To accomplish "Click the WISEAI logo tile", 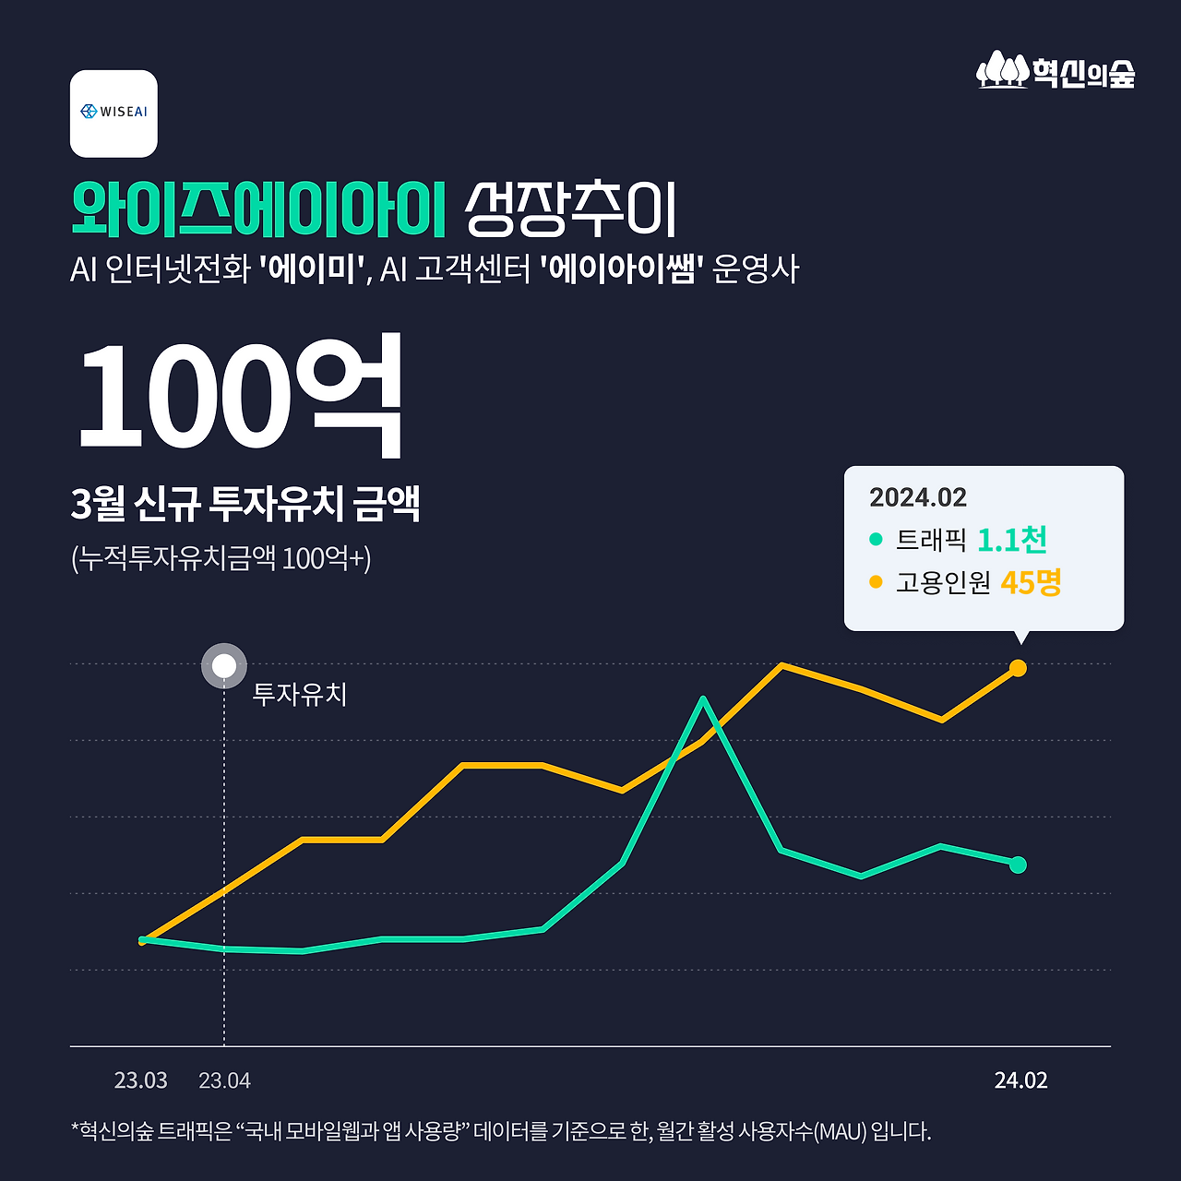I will [113, 113].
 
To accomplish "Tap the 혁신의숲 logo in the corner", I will [1056, 71].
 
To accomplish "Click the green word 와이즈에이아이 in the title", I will [258, 209].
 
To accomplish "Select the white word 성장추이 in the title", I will [571, 209].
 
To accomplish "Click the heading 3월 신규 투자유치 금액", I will [245, 504].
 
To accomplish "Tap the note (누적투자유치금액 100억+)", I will [221, 558].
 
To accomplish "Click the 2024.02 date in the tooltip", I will [917, 498].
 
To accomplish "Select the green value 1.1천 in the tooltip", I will [1011, 540].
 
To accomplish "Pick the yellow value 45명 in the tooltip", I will [1031, 582].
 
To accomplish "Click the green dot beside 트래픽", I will [876, 539].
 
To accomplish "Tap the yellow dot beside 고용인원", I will [876, 582].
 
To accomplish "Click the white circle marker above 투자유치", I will [224, 666].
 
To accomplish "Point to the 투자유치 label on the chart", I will [300, 694].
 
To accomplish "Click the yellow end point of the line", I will [1018, 668].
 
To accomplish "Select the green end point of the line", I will [1018, 865].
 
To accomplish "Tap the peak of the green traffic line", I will [703, 699].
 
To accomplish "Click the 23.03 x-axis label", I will [141, 1080].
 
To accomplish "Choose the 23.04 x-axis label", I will [224, 1080].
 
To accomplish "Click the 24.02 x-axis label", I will [1020, 1080].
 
